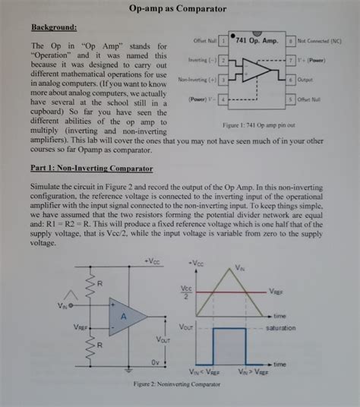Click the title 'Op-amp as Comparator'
coord(179,9)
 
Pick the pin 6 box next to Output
coord(291,79)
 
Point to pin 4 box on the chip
coord(224,99)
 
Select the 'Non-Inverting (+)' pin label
coord(197,79)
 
